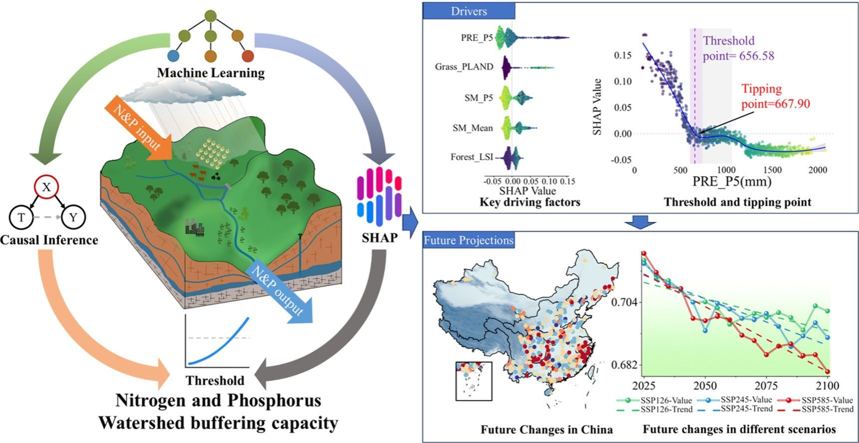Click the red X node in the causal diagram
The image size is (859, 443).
point(46,187)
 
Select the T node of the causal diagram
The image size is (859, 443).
point(21,217)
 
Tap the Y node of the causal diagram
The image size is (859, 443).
point(73,217)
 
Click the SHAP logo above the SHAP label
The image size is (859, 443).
point(380,195)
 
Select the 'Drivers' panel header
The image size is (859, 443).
point(468,11)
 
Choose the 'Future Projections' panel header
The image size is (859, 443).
point(468,240)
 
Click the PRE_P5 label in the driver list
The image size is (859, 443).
point(476,37)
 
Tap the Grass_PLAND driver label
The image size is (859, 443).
point(464,66)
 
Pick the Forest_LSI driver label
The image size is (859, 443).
point(471,157)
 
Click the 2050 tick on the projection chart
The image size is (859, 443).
point(705,386)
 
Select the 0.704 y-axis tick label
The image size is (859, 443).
point(624,302)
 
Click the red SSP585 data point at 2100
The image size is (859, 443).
point(828,371)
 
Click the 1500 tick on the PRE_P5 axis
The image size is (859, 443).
point(772,170)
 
